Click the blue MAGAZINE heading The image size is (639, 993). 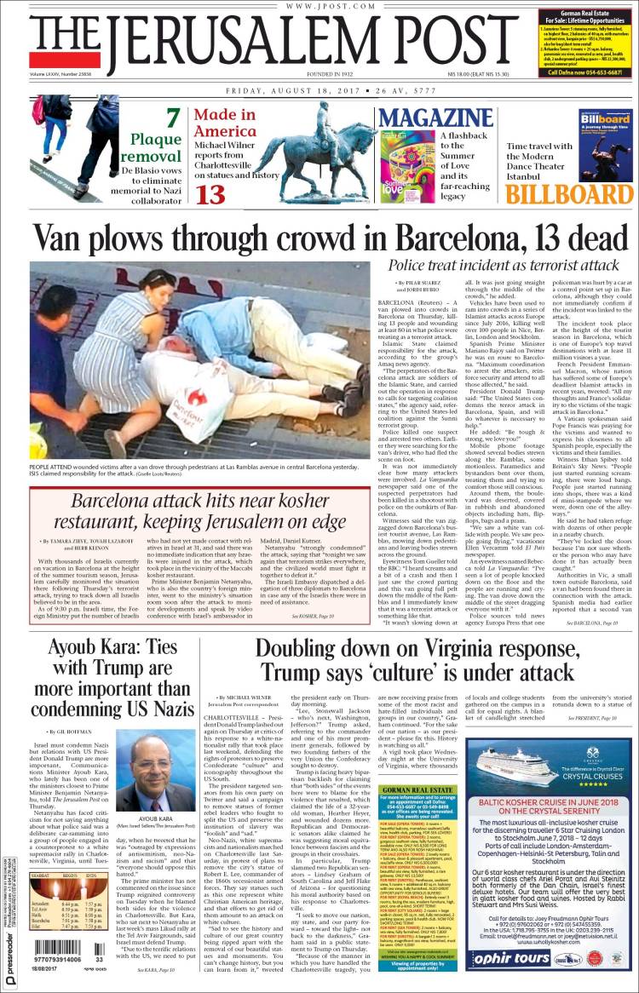(x=425, y=118)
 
